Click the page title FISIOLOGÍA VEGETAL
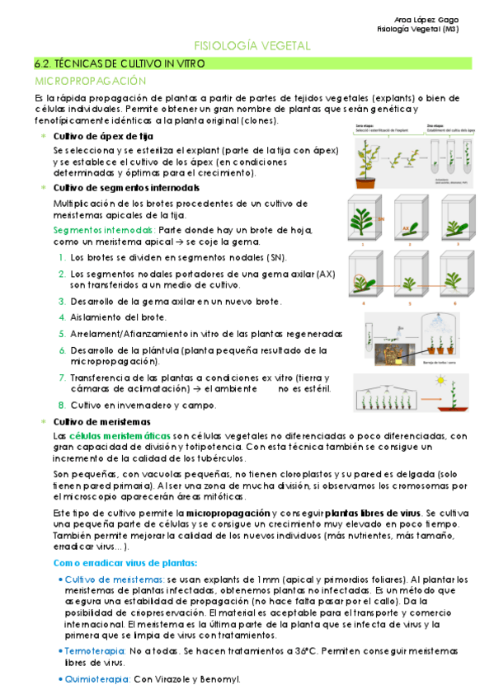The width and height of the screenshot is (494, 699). (x=252, y=45)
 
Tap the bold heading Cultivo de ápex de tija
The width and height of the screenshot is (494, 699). (x=103, y=136)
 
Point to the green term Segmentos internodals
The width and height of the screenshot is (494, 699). (x=103, y=229)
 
